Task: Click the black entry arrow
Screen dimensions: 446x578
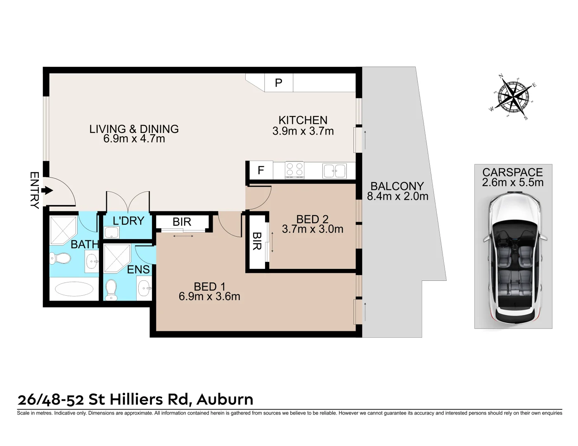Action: point(48,190)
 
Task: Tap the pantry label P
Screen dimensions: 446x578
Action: point(279,83)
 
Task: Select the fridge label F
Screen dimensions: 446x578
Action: point(261,170)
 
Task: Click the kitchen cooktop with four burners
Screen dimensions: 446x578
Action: point(294,170)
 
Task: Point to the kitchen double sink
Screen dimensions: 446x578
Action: point(334,171)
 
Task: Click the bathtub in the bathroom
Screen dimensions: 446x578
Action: point(74,289)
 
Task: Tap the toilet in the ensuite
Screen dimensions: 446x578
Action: point(111,290)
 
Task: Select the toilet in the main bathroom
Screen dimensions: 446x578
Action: point(60,259)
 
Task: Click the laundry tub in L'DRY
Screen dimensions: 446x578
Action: point(111,232)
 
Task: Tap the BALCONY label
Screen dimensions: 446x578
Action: point(397,186)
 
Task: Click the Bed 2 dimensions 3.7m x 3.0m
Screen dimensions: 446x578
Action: point(313,229)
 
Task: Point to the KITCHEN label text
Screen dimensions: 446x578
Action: point(303,120)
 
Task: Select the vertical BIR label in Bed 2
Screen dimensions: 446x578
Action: point(257,241)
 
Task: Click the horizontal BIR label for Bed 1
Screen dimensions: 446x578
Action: point(182,222)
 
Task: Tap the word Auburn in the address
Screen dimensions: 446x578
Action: point(225,399)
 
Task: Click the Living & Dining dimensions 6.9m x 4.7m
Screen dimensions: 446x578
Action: point(134,139)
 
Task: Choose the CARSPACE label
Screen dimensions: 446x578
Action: point(512,172)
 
